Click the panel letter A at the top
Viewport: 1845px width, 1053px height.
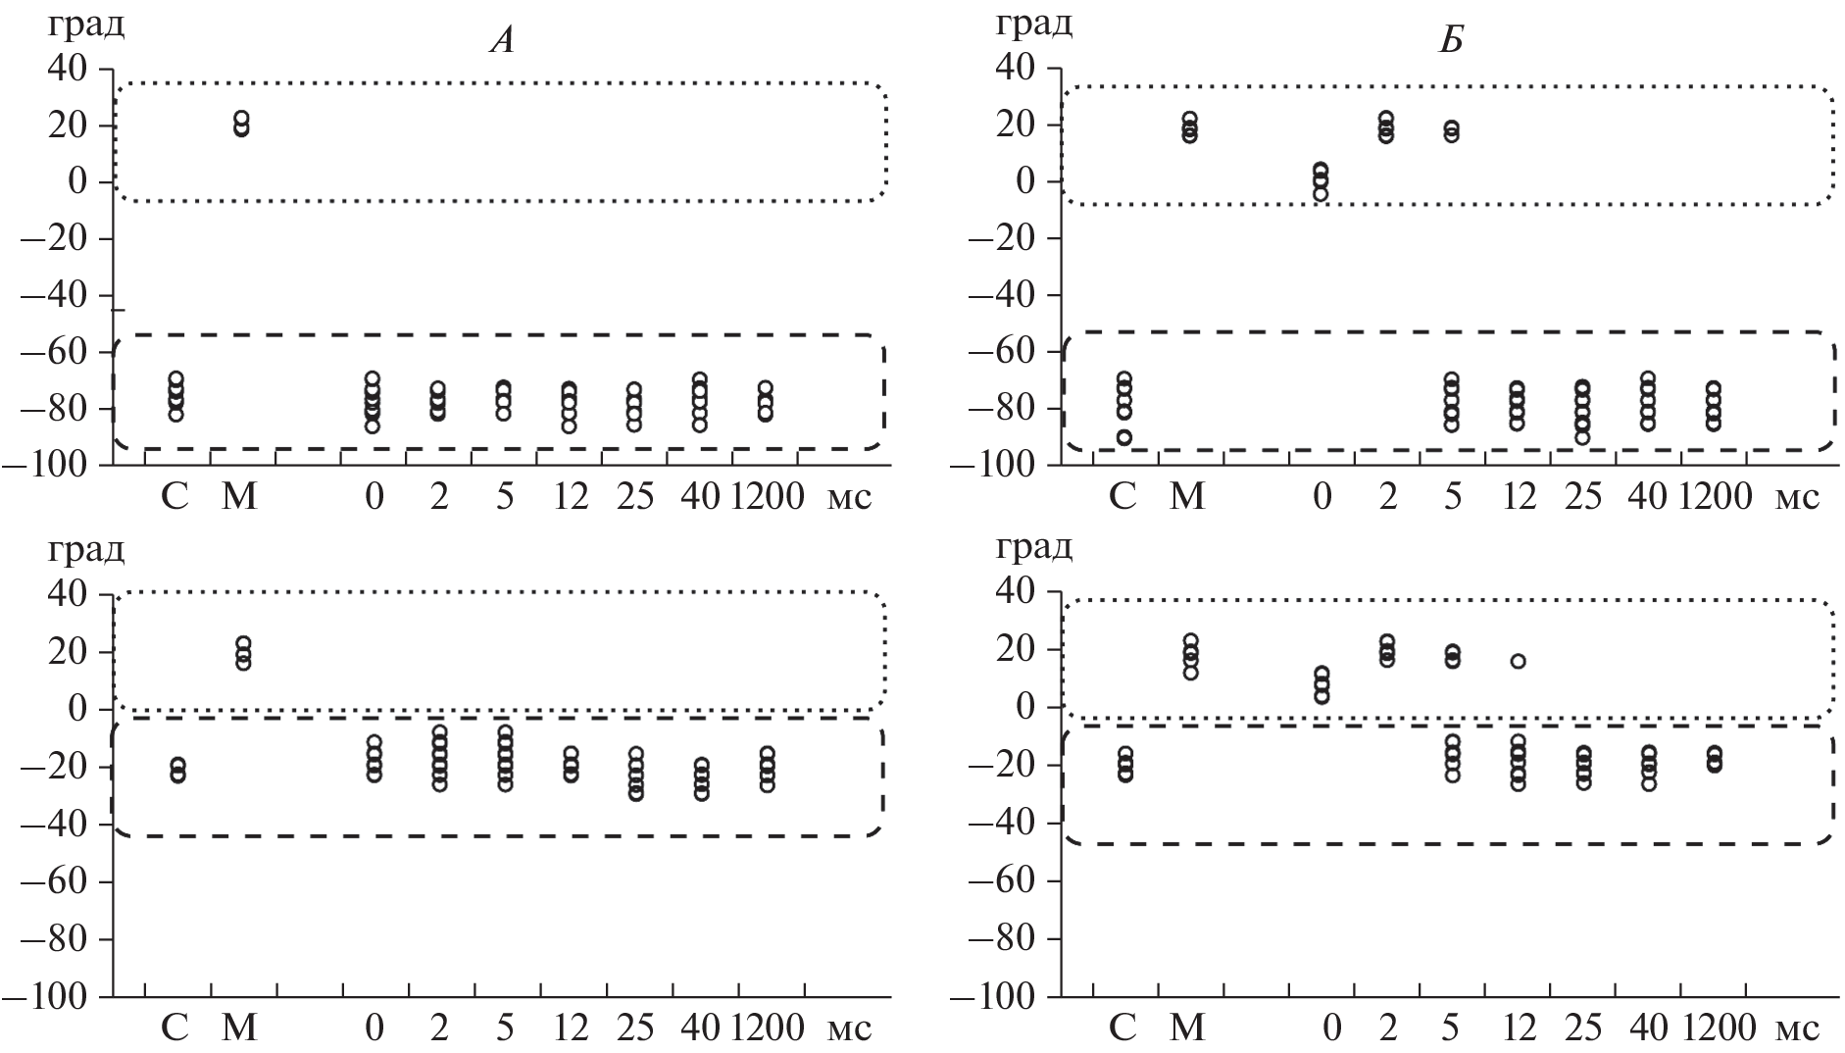(x=502, y=44)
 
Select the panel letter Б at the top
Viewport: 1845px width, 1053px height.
(x=1451, y=44)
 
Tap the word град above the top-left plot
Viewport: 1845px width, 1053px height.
(x=86, y=25)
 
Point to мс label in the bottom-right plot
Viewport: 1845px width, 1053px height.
(x=1797, y=1028)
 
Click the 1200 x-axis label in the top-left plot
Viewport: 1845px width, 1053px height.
(x=767, y=497)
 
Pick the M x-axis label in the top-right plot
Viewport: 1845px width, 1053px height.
(x=1188, y=497)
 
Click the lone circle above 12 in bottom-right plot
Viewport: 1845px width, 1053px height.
(x=1518, y=661)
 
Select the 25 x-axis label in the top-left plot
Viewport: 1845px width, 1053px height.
(x=635, y=497)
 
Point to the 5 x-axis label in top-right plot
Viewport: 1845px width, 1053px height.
(x=1453, y=497)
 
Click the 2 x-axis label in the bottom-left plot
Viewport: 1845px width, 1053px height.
(x=438, y=1028)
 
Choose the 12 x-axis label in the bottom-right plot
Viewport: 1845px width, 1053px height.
(x=1519, y=1028)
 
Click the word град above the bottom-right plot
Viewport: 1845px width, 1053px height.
(x=1034, y=549)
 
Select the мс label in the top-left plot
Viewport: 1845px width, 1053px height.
(x=849, y=497)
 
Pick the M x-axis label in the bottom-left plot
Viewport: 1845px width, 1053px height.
(x=239, y=1028)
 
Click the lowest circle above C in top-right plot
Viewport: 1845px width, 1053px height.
(x=1124, y=437)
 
